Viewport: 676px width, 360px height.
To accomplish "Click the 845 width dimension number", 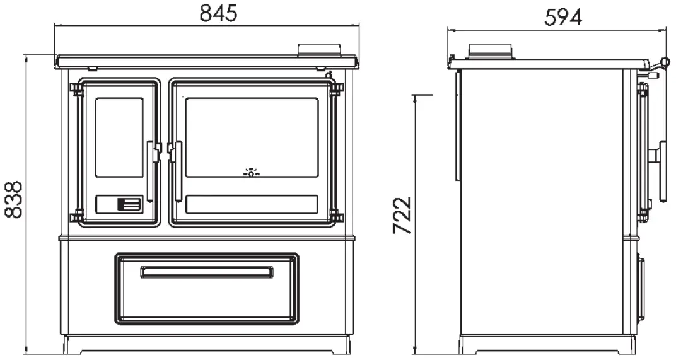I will (218, 13).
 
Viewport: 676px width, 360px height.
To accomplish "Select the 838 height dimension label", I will (13, 199).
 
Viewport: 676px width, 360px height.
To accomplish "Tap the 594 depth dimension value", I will (562, 18).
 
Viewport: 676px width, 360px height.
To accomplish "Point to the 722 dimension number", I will (402, 215).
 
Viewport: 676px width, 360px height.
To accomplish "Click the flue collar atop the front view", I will (319, 49).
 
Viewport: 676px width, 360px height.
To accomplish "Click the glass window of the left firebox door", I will (119, 137).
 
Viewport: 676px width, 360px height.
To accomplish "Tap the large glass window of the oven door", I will (252, 137).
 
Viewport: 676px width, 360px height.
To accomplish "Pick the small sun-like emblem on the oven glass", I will (252, 171).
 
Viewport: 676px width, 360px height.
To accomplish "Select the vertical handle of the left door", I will (151, 170).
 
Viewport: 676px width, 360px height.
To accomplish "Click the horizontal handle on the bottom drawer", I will (207, 272).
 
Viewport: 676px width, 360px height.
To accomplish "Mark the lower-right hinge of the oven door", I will (336, 218).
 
